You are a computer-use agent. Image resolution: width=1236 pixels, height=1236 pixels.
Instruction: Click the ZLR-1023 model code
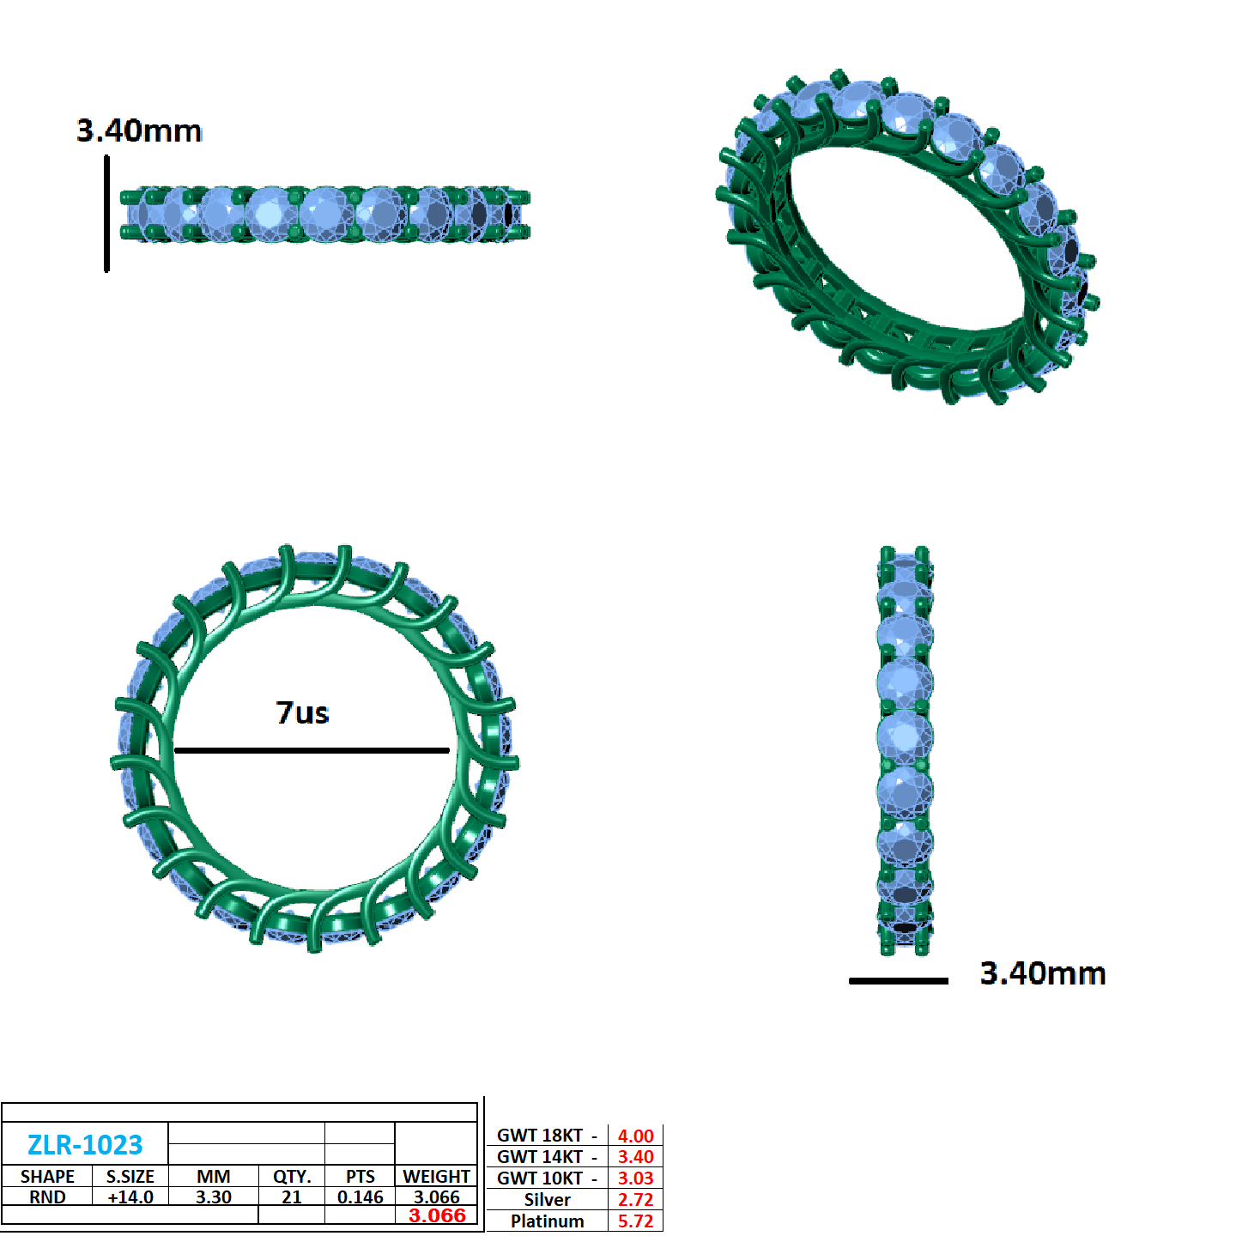click(x=85, y=1144)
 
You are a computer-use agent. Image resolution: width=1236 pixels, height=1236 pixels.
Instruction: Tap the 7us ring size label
click(x=302, y=712)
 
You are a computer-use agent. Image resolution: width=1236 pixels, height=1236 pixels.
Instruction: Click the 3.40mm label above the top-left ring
click(x=139, y=130)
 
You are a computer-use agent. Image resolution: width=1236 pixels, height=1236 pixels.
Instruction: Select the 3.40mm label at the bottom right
click(x=1042, y=973)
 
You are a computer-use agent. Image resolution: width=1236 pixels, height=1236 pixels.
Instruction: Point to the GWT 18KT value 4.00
click(x=635, y=1136)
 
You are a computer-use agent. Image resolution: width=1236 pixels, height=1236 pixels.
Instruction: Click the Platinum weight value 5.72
click(x=635, y=1221)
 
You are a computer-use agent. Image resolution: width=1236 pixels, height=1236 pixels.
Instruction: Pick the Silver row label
click(x=547, y=1199)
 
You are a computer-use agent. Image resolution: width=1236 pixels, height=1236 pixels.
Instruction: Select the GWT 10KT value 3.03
click(x=635, y=1178)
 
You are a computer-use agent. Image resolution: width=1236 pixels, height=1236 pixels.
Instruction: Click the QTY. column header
click(x=292, y=1176)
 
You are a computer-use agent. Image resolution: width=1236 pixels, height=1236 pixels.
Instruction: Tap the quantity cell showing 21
click(x=292, y=1197)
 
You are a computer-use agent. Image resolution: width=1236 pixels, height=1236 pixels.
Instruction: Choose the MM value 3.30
click(x=213, y=1197)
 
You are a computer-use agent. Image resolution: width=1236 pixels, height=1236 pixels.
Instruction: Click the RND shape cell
click(x=47, y=1197)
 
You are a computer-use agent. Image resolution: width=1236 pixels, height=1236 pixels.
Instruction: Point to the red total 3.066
click(x=437, y=1215)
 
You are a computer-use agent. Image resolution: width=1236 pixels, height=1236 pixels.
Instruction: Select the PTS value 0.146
click(x=360, y=1197)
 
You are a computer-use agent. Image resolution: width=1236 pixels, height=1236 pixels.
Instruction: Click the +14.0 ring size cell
click(x=130, y=1197)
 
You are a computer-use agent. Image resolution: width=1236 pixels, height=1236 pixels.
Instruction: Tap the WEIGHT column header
click(x=436, y=1176)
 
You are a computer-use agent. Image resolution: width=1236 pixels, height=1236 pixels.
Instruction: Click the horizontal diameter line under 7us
click(x=312, y=750)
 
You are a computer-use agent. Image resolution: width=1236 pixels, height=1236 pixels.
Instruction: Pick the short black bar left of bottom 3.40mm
click(x=898, y=980)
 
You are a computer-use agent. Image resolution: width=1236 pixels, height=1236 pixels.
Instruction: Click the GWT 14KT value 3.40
click(x=635, y=1156)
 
